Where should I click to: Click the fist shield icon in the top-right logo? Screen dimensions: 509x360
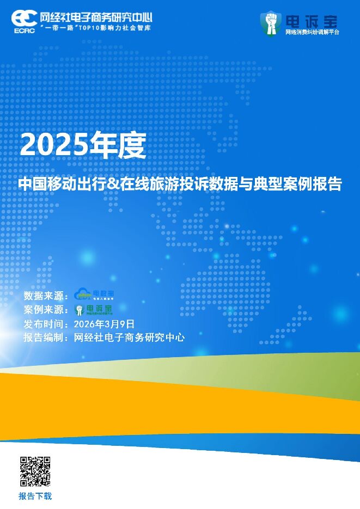pyautogui.click(x=270, y=23)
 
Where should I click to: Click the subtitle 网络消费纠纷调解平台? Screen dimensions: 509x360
pyautogui.click(x=312, y=32)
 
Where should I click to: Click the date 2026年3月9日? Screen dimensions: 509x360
pyautogui.click(x=103, y=324)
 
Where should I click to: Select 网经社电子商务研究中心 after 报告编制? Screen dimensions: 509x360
pyautogui.click(x=129, y=338)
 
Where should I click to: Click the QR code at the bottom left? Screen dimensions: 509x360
pyautogui.click(x=35, y=471)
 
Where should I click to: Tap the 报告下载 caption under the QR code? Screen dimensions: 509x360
pyautogui.click(x=35, y=496)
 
